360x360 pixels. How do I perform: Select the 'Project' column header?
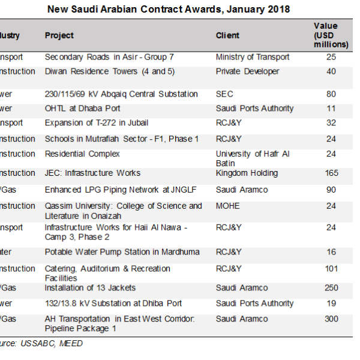[59, 35]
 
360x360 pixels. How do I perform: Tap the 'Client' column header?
[227, 35]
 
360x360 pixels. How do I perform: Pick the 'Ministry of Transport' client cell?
[253, 57]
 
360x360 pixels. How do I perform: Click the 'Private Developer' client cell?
[247, 71]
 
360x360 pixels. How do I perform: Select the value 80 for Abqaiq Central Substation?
[331, 94]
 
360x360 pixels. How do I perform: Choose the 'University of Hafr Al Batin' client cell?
[253, 158]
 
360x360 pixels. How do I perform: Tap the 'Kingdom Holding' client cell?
[247, 173]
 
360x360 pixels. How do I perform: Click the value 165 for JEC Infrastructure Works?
[331, 173]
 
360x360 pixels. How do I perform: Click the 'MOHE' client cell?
[228, 206]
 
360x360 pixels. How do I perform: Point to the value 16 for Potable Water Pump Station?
[331, 252]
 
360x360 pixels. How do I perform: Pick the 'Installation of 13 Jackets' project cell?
[90, 288]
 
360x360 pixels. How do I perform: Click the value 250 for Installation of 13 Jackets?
[331, 288]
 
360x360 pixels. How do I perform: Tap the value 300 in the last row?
[331, 319]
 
